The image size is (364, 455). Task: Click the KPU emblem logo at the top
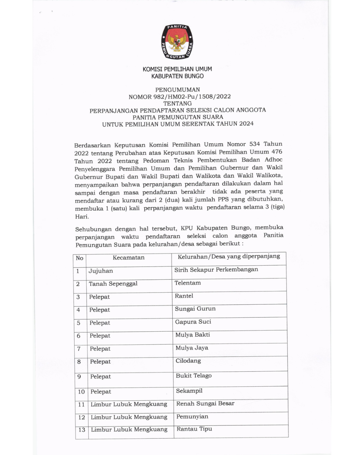click(177, 42)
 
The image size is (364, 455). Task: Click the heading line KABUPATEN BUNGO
click(177, 76)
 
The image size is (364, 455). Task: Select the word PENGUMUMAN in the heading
click(178, 90)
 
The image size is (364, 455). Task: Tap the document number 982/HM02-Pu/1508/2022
click(192, 96)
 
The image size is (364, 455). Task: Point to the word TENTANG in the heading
click(178, 103)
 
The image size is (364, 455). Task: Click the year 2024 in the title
click(246, 124)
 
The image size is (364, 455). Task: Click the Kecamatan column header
click(128, 257)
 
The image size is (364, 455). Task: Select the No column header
click(80, 258)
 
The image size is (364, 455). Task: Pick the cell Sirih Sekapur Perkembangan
click(216, 270)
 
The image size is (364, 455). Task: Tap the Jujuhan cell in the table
click(101, 271)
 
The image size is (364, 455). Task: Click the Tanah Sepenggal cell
click(113, 284)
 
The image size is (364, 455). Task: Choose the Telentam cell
click(187, 283)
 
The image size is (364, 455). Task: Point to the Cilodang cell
click(188, 361)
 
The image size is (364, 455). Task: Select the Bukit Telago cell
click(193, 375)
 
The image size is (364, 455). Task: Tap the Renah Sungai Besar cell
click(205, 403)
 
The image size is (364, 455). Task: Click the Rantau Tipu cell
click(194, 429)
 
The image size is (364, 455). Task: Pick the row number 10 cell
click(81, 392)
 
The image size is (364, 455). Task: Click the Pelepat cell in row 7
click(100, 349)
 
